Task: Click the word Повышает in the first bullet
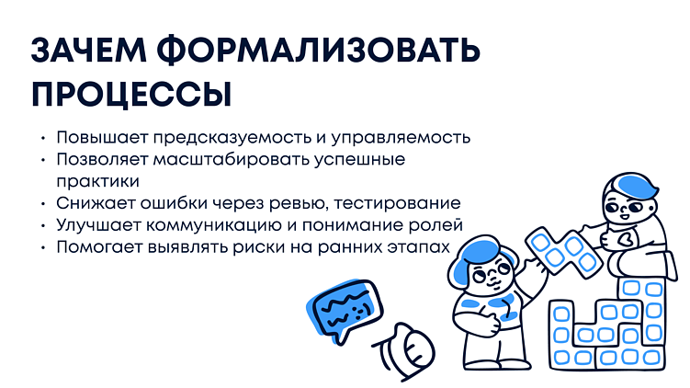[96, 137]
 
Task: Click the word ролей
[437, 225]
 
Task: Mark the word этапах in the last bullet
[422, 247]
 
